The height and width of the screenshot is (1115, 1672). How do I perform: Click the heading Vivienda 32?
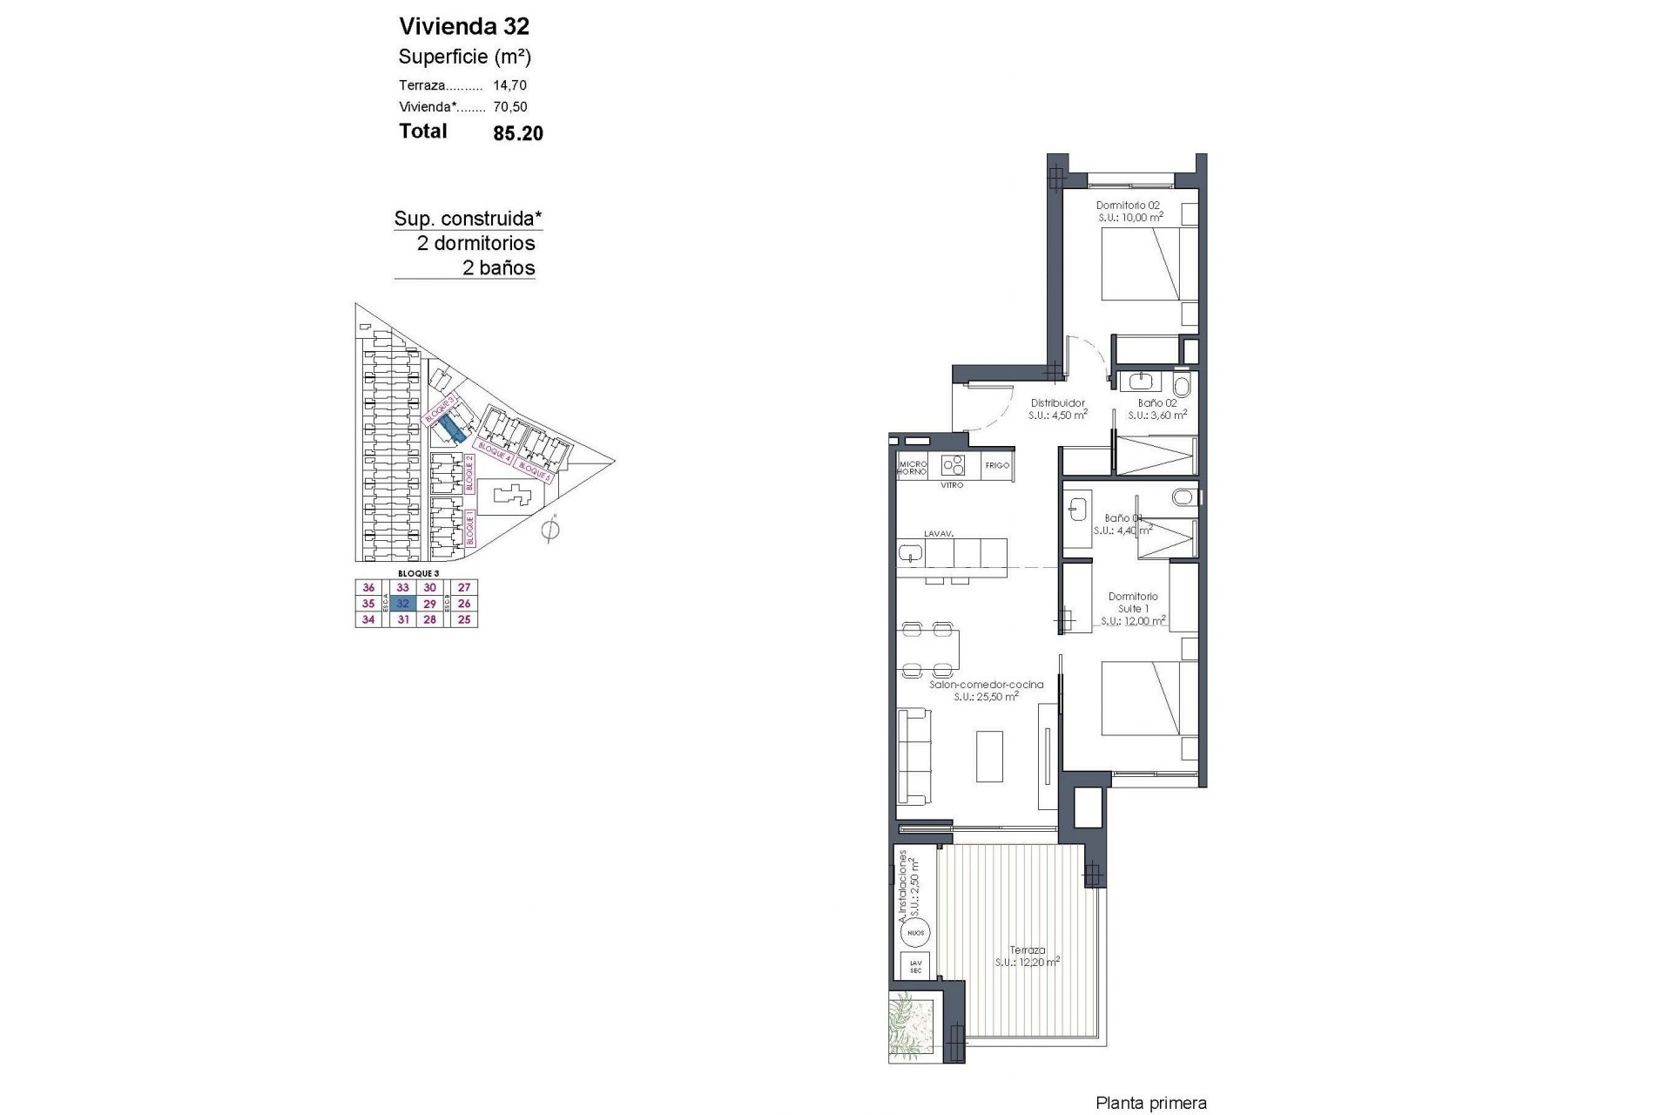coord(463,26)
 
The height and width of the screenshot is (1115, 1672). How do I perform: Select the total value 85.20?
coord(517,133)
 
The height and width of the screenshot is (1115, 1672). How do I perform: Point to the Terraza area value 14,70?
coord(509,85)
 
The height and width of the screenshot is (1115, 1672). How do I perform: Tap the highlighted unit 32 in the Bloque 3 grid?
coord(402,604)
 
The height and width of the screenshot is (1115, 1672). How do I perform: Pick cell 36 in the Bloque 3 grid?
coord(368,588)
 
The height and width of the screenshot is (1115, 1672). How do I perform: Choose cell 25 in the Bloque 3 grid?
coord(464,620)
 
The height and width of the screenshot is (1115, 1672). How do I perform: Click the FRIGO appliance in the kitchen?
coord(997,465)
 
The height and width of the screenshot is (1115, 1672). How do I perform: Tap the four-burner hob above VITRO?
coord(954,463)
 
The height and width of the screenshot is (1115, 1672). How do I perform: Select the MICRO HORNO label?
coord(913,468)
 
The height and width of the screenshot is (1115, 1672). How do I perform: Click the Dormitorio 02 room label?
coord(1128,206)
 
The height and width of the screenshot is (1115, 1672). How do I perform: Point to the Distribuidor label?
coord(1058,403)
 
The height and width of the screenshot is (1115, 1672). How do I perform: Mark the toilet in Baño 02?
coord(1182,385)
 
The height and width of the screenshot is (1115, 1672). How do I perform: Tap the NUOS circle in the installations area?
coord(915,933)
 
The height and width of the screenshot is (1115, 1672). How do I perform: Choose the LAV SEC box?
coord(915,965)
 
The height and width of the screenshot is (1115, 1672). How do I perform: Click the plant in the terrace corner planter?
coord(910,1025)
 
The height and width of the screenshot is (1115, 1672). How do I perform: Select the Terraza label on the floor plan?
coord(1028,950)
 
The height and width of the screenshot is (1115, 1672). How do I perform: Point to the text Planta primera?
coord(1151,1104)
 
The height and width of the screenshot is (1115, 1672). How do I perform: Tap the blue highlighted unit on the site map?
coord(451,427)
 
